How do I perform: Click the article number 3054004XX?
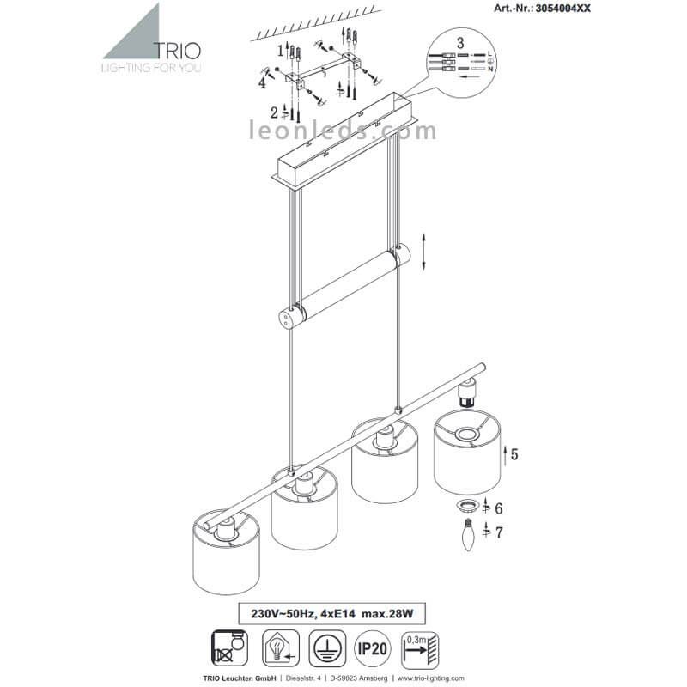[x=562, y=9]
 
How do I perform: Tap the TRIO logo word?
[x=178, y=51]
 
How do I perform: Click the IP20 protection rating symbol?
[x=372, y=648]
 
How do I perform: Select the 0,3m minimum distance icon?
[x=420, y=649]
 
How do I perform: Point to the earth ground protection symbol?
[x=327, y=648]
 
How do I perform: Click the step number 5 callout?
[x=514, y=454]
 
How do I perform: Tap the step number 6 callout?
[x=499, y=508]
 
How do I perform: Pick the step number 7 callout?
[x=499, y=532]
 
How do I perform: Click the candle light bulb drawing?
[x=469, y=534]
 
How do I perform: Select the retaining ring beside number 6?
[x=468, y=506]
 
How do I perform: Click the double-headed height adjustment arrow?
[x=423, y=252]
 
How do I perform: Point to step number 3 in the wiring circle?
[x=460, y=43]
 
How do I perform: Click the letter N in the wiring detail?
[x=490, y=70]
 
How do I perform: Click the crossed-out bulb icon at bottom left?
[x=229, y=648]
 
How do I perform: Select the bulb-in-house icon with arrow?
[x=281, y=648]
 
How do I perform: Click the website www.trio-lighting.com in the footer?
[x=431, y=678]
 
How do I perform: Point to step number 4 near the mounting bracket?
[x=262, y=82]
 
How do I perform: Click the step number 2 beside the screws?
[x=274, y=112]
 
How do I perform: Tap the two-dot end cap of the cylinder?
[x=286, y=318]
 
